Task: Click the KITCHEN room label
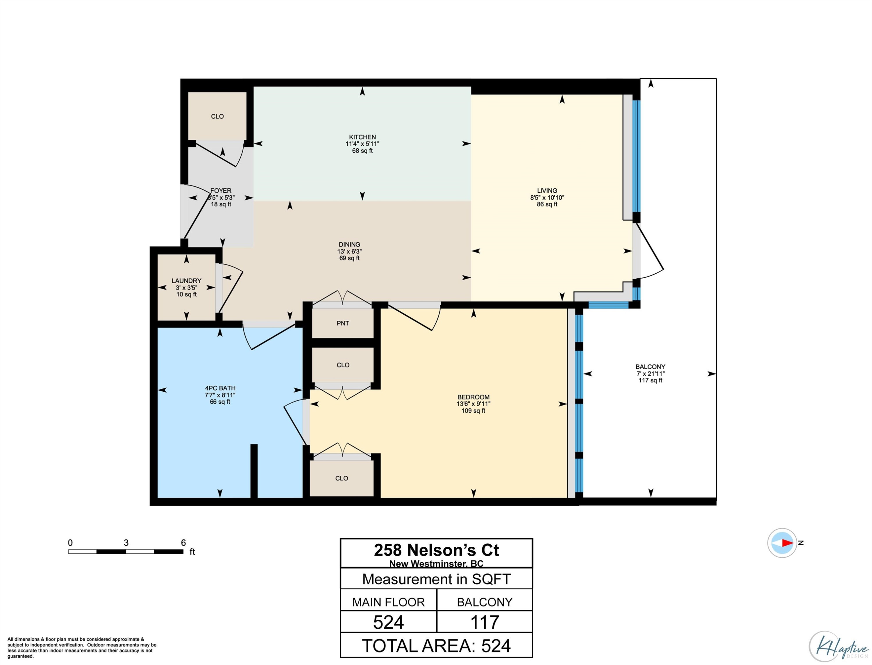coord(362,137)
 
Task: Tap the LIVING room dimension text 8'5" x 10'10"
coord(547,197)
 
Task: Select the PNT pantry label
coord(343,323)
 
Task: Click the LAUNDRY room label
coord(186,281)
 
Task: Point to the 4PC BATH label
coord(220,388)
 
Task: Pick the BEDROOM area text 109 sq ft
coord(473,411)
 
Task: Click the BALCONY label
coord(650,367)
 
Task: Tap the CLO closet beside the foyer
coord(217,116)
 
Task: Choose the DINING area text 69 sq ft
coord(349,258)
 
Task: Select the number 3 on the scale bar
coord(126,543)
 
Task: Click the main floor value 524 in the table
coord(388,622)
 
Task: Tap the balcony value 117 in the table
coord(484,622)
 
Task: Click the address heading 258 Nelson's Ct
coord(436,550)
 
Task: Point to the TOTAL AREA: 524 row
coord(436,646)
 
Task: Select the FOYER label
coord(221,191)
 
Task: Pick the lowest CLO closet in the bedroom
coord(342,478)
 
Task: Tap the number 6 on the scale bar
coord(183,543)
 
